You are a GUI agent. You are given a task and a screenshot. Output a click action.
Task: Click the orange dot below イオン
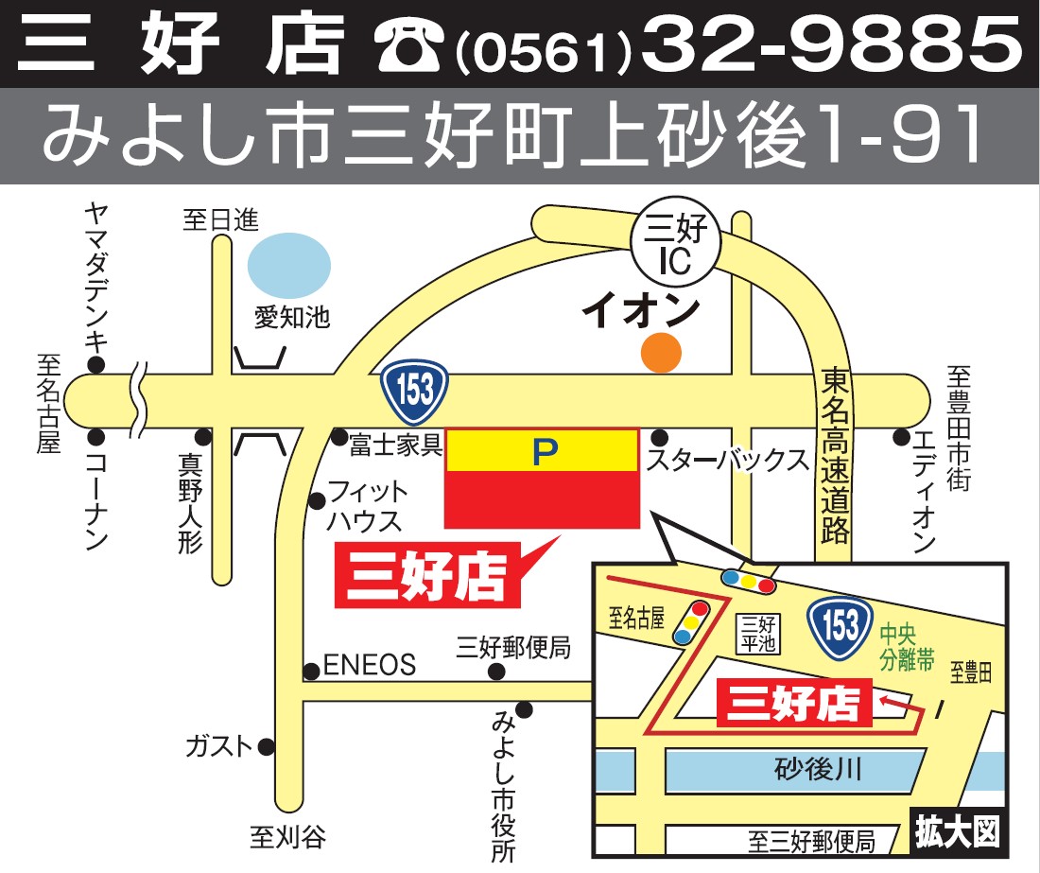(661, 353)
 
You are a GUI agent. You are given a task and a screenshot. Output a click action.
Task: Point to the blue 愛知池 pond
(288, 263)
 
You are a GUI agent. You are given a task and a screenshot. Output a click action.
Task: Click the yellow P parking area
(541, 450)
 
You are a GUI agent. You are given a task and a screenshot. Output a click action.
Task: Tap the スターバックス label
(728, 462)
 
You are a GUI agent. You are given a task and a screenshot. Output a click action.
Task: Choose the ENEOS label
(370, 666)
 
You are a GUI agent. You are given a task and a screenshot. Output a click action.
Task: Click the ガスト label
(219, 746)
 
